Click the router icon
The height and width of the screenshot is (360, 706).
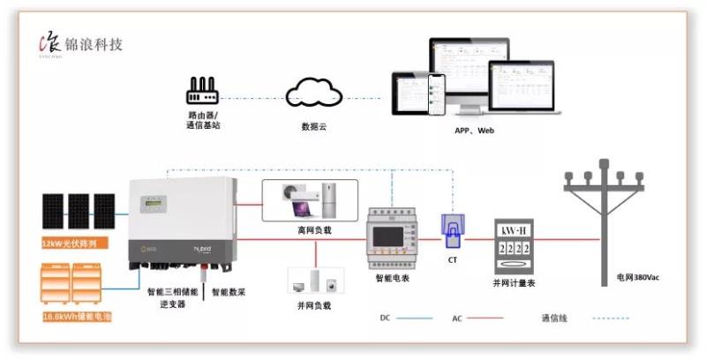[x=203, y=90]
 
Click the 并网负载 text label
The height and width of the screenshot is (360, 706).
[x=313, y=305]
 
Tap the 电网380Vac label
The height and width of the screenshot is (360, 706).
[x=638, y=277]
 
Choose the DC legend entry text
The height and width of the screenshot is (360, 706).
[x=385, y=317]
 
